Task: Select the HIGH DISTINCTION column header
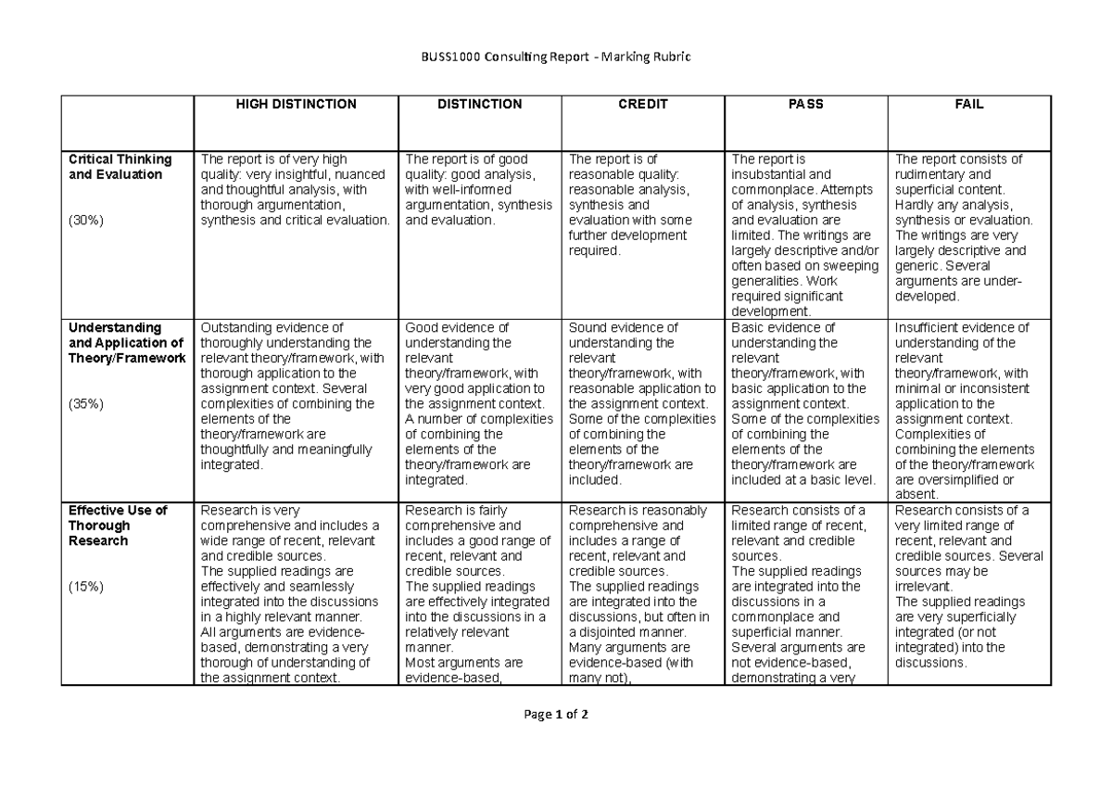(295, 105)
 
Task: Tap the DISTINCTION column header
(479, 105)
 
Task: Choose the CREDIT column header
(643, 105)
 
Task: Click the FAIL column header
(969, 105)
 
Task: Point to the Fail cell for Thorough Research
(969, 587)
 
